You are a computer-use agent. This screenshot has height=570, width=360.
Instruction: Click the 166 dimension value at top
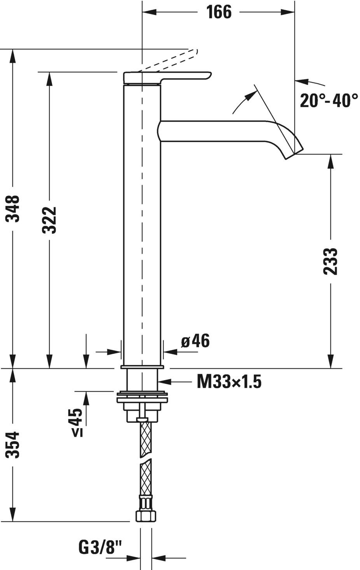(218, 12)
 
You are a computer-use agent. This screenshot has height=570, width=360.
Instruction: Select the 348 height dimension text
(13, 208)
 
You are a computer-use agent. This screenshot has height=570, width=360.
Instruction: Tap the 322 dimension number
(49, 220)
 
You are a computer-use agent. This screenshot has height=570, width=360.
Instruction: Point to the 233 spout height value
(331, 261)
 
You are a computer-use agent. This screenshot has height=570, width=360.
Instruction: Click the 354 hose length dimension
(13, 445)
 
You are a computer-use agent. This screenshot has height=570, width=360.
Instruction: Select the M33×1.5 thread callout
(229, 382)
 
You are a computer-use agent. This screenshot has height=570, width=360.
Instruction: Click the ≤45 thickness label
(77, 423)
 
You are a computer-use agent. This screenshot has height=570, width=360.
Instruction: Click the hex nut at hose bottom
(146, 516)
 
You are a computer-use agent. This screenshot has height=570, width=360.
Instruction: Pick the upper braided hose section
(145, 439)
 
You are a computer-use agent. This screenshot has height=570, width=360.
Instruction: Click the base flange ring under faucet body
(142, 366)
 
